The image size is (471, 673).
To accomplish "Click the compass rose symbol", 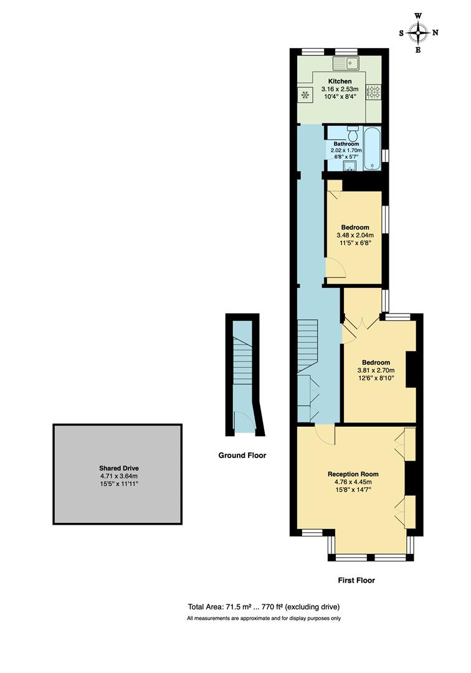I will tap(419, 32).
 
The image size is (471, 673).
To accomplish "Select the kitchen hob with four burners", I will tap(374, 92).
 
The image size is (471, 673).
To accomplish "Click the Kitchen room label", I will tap(340, 81).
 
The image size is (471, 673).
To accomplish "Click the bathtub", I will tap(372, 149).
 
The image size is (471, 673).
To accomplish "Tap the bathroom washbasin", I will tap(350, 165).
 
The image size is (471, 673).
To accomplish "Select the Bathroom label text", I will tap(346, 144).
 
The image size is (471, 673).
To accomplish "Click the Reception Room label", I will tap(353, 474).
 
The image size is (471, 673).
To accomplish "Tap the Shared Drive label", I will tap(117, 467).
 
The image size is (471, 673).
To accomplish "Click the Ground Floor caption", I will tap(242, 456).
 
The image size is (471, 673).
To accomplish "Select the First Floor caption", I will tap(356, 580).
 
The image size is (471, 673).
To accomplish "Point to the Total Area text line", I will tap(264, 606).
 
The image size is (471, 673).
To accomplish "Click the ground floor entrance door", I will tap(240, 422).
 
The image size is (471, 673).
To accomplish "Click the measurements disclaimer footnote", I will tap(264, 619).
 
